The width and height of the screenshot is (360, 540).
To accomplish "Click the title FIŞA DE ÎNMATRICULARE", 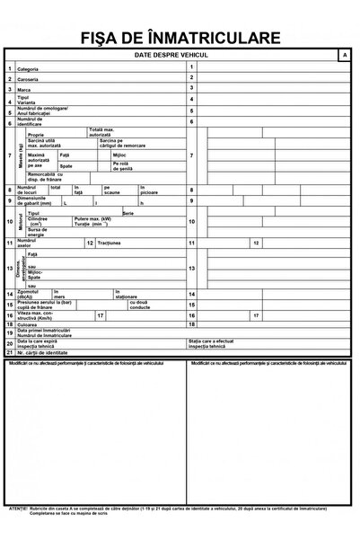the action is pos(180,38).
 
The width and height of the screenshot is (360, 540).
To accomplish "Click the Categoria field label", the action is pos(28,69).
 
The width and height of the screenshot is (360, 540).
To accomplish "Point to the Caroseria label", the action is pos(29,80).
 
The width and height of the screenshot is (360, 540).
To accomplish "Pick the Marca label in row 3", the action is pos(25,90).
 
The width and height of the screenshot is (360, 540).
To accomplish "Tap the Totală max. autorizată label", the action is pos(101,132).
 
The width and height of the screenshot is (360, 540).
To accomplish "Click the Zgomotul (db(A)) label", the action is pos(30,295).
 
